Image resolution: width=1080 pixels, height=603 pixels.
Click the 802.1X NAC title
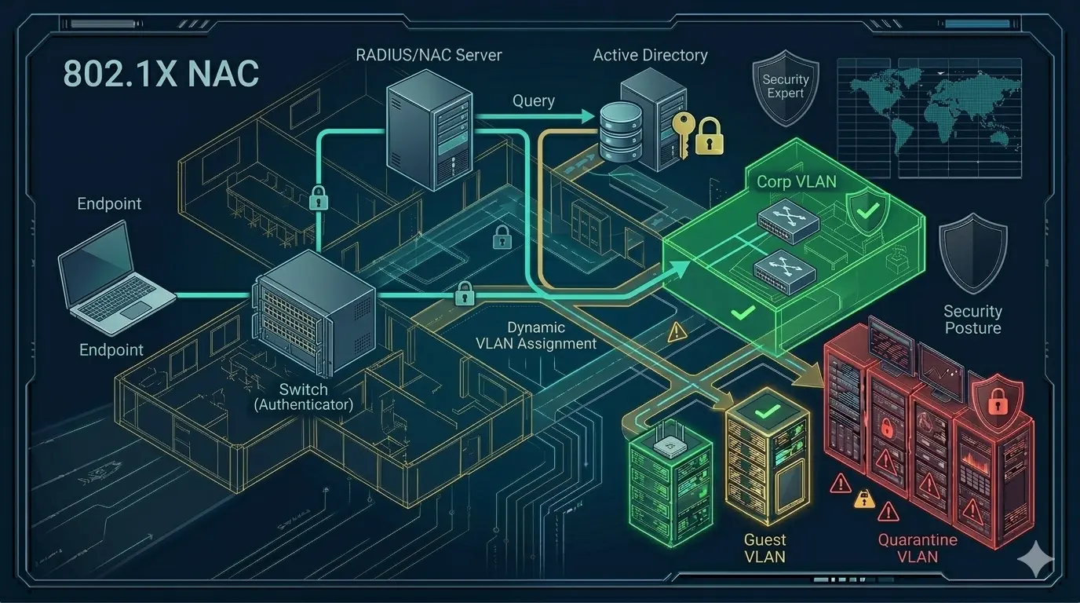160,74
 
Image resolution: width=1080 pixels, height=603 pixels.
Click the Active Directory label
650,55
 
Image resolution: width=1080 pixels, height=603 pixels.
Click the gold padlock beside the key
709,135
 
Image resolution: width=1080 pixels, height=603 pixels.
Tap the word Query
534,100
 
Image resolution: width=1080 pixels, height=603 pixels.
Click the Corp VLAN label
796,181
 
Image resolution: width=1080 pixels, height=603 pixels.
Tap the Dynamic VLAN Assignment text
536,335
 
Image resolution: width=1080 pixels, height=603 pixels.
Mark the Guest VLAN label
764,548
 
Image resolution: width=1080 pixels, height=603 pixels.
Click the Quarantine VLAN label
917,548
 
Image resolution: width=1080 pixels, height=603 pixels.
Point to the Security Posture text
972,320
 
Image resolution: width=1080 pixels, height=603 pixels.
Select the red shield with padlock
997,400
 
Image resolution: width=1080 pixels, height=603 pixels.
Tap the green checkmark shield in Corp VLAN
867,209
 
